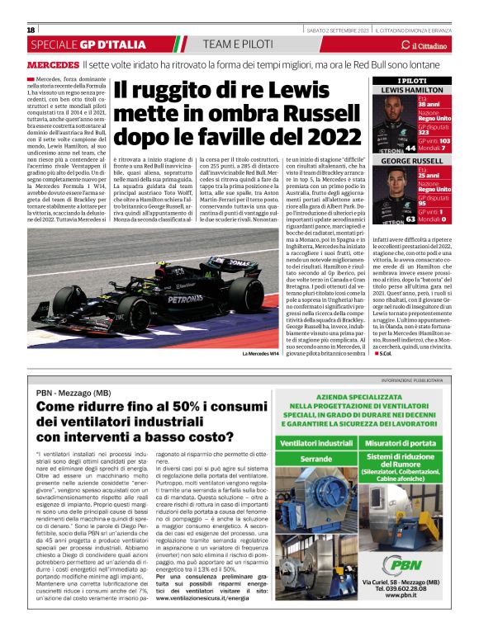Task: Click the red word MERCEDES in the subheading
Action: pos(53,64)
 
